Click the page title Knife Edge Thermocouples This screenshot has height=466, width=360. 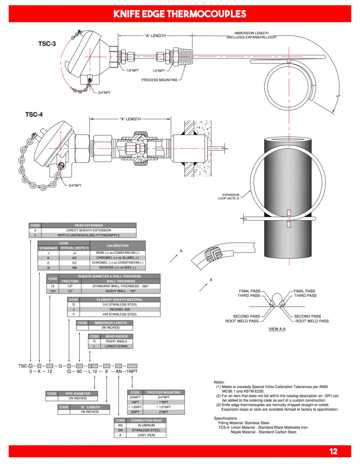point(180,14)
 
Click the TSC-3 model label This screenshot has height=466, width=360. point(47,44)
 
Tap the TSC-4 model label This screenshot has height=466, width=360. point(34,114)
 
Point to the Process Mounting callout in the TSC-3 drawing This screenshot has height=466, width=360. point(159,80)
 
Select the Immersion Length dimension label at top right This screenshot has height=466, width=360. point(251,35)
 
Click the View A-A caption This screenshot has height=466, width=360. point(277,329)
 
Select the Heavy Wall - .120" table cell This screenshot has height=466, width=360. point(121,291)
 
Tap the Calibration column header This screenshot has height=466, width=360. point(117,245)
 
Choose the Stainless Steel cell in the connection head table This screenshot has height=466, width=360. point(146,430)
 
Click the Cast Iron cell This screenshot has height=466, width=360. point(146,435)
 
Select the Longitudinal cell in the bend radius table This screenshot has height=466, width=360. point(116,346)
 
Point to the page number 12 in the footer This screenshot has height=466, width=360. point(333,452)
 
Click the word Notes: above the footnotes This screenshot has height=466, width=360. point(219,382)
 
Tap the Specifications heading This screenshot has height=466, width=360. point(225,418)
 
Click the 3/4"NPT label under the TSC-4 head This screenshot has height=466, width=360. point(75,185)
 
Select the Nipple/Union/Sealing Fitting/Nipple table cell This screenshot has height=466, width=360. point(89,235)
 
